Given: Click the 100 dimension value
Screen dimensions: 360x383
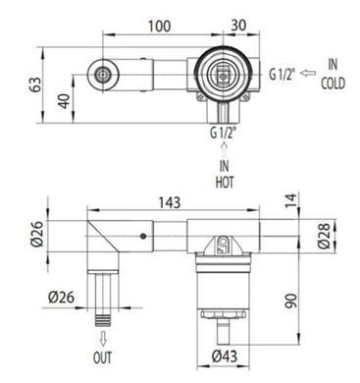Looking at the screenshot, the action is (159, 27).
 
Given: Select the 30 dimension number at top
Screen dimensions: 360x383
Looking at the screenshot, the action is (238, 26).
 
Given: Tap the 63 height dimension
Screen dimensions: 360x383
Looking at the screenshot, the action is (37, 84).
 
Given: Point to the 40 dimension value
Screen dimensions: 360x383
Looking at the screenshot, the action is (65, 101).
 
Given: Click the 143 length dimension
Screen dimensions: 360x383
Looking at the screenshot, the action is (170, 202).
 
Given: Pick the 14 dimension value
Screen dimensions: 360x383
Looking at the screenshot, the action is (291, 200).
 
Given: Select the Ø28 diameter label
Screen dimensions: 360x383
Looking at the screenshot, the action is (325, 236).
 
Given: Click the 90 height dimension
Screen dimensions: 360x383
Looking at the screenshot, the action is (291, 301).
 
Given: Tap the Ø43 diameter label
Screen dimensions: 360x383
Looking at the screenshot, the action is (225, 356).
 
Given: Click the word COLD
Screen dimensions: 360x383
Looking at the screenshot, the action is (333, 83).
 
